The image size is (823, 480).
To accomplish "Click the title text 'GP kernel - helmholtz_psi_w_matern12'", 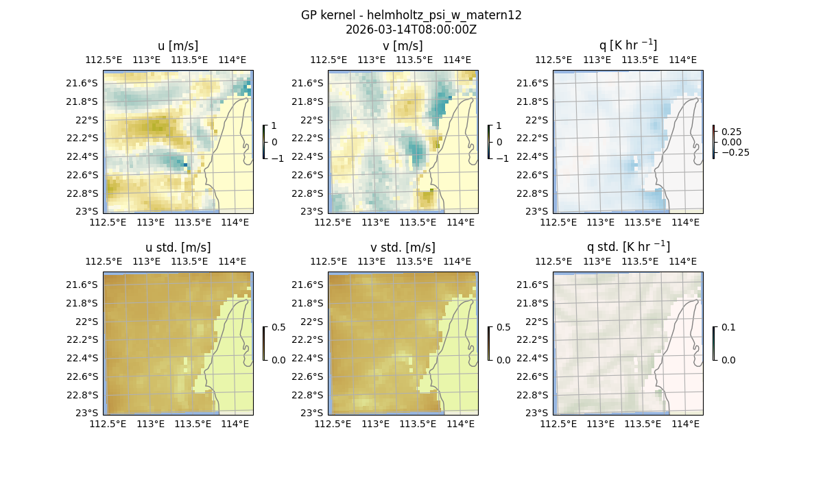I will (x=411, y=15).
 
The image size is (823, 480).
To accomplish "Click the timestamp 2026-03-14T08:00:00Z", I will (x=411, y=29).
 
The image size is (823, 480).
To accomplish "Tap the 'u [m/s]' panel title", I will (x=178, y=46).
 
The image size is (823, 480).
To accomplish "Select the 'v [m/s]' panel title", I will (x=403, y=46).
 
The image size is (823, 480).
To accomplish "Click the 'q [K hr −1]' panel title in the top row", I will (x=628, y=45).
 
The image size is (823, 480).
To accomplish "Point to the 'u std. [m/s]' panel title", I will (x=178, y=248).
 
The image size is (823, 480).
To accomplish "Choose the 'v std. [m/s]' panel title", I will (x=403, y=248).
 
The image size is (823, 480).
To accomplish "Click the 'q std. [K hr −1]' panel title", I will (x=628, y=247).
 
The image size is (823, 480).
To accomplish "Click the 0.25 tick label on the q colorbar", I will (x=730, y=132).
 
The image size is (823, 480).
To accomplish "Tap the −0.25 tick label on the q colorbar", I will (x=735, y=152).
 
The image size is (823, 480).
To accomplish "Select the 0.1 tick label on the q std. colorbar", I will (x=728, y=328).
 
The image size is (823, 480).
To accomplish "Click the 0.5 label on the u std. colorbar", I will (x=278, y=328).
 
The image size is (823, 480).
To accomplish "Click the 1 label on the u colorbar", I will (x=275, y=126).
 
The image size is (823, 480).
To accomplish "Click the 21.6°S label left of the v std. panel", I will (x=308, y=285).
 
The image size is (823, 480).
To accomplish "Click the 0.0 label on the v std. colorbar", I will (x=503, y=360).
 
